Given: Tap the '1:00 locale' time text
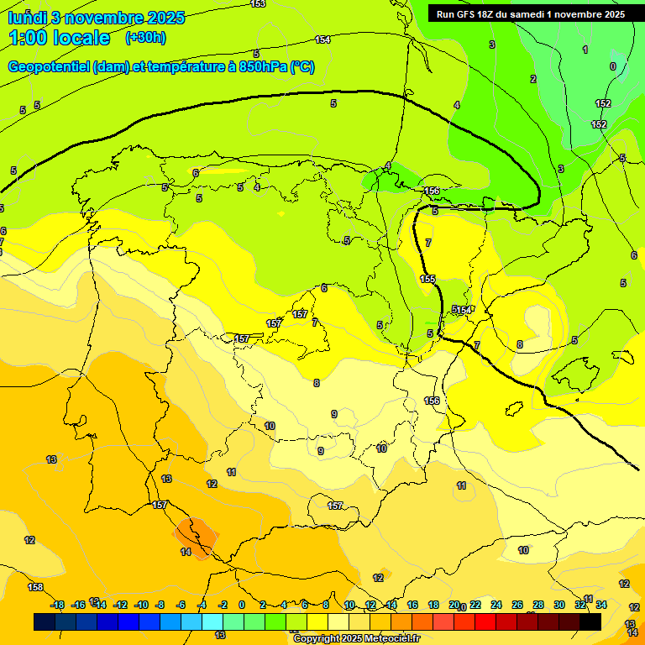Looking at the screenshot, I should click(59, 38).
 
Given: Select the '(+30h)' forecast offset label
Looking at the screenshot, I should click(145, 38).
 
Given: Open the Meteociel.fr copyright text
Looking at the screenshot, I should click(356, 639).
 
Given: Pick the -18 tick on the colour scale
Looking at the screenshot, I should click(58, 605).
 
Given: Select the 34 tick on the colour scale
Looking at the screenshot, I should click(601, 605).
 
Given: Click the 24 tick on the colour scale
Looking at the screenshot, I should click(496, 605).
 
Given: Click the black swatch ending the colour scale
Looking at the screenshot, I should click(590, 621).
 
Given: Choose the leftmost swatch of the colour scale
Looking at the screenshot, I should click(45, 621).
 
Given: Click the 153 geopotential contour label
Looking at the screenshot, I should click(259, 4).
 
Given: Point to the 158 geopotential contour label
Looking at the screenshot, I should click(34, 587).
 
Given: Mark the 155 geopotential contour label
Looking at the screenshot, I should click(428, 279).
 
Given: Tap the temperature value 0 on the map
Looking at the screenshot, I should click(612, 66).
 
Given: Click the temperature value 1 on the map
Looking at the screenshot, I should click(585, 50).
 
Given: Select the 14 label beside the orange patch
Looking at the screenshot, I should click(186, 552).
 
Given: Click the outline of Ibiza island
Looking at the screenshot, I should click(511, 410).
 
